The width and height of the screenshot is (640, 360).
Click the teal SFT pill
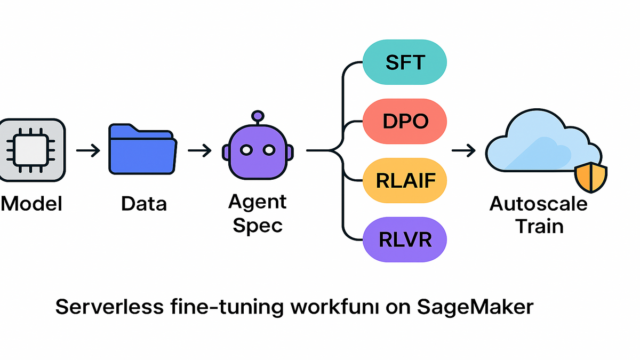tap(404, 62)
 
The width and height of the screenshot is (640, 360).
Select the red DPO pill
tap(405, 122)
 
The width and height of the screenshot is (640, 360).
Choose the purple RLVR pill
tap(405, 240)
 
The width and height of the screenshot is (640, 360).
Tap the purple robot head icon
tap(258, 151)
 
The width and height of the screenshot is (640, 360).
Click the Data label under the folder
tap(143, 204)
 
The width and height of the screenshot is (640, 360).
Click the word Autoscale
tap(539, 204)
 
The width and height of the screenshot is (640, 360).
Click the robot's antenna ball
tap(258, 115)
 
